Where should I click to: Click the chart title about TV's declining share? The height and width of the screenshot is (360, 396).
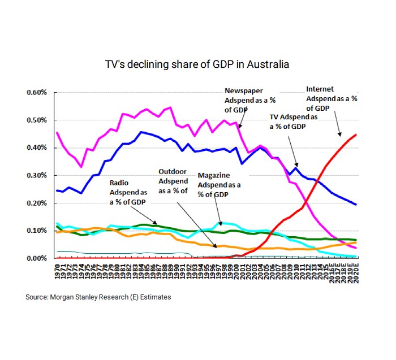click(x=197, y=64)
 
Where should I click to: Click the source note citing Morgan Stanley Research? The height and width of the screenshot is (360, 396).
click(x=98, y=297)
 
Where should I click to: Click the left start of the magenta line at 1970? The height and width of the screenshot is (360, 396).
click(x=57, y=133)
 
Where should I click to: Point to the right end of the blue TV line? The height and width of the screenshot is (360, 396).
click(x=355, y=205)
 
